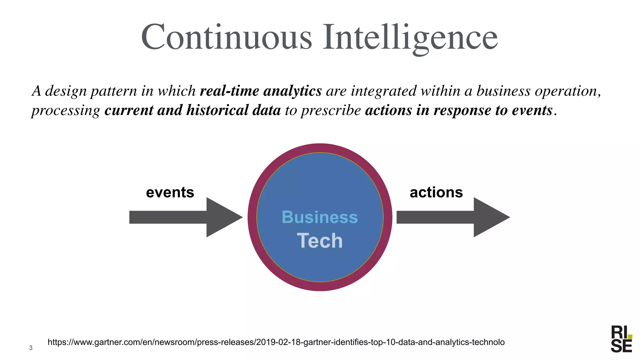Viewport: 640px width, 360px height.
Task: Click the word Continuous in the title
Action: pyautogui.click(x=226, y=37)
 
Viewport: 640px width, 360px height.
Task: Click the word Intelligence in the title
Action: pyautogui.click(x=410, y=37)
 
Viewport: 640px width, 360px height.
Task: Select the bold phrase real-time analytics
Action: pyautogui.click(x=261, y=91)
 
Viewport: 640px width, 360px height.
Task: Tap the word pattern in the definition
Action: pyautogui.click(x=114, y=91)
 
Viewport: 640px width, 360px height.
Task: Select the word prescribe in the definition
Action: pyautogui.click(x=331, y=110)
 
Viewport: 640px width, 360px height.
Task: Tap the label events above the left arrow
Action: pyautogui.click(x=170, y=192)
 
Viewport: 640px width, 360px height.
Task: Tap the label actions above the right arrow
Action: pyautogui.click(x=436, y=192)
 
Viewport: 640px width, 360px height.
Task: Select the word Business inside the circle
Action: pyautogui.click(x=320, y=217)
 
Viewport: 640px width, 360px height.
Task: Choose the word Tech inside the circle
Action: pyautogui.click(x=320, y=241)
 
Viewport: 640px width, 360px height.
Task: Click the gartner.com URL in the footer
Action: pyautogui.click(x=276, y=342)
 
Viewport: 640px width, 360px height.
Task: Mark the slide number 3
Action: pyautogui.click(x=31, y=348)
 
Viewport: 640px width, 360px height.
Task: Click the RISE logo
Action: pyautogui.click(x=621, y=343)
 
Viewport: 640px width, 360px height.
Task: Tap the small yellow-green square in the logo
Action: pyautogui.click(x=630, y=337)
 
